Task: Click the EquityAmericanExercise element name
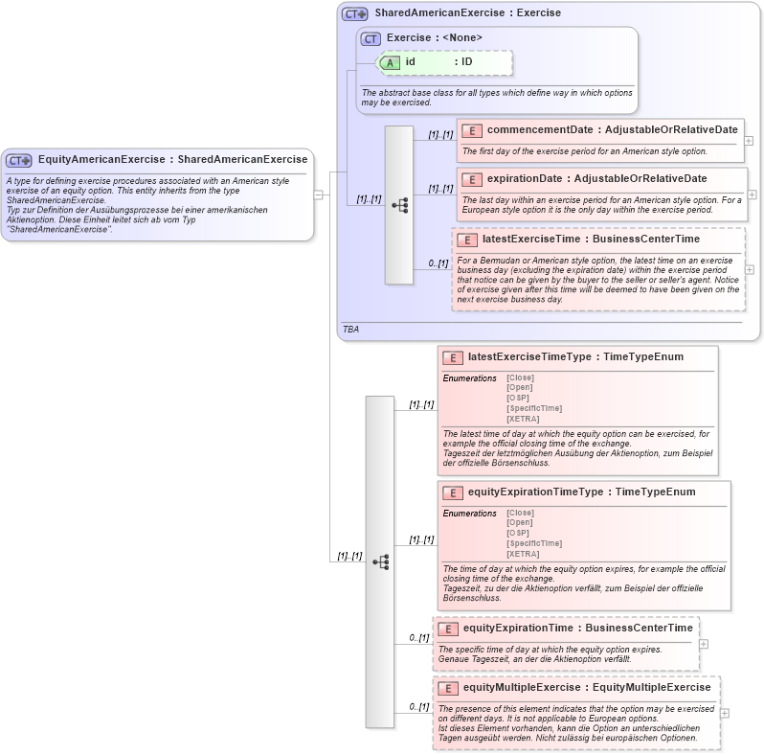point(101,159)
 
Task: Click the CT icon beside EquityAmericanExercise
point(19,160)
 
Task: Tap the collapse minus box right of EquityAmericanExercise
point(318,194)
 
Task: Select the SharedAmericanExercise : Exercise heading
point(467,13)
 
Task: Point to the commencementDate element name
point(539,129)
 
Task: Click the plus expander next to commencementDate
point(749,140)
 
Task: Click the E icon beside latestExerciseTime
point(467,240)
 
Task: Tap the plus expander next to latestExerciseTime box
point(749,269)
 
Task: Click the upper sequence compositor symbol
point(399,205)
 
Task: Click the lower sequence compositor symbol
point(380,561)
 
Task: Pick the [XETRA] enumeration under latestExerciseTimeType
point(523,419)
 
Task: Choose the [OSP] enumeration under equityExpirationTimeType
point(517,533)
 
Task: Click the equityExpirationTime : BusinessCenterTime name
point(577,629)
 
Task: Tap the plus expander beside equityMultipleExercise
point(724,713)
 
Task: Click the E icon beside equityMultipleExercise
point(448,688)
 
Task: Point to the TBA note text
point(350,329)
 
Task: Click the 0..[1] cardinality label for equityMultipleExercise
point(418,706)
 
